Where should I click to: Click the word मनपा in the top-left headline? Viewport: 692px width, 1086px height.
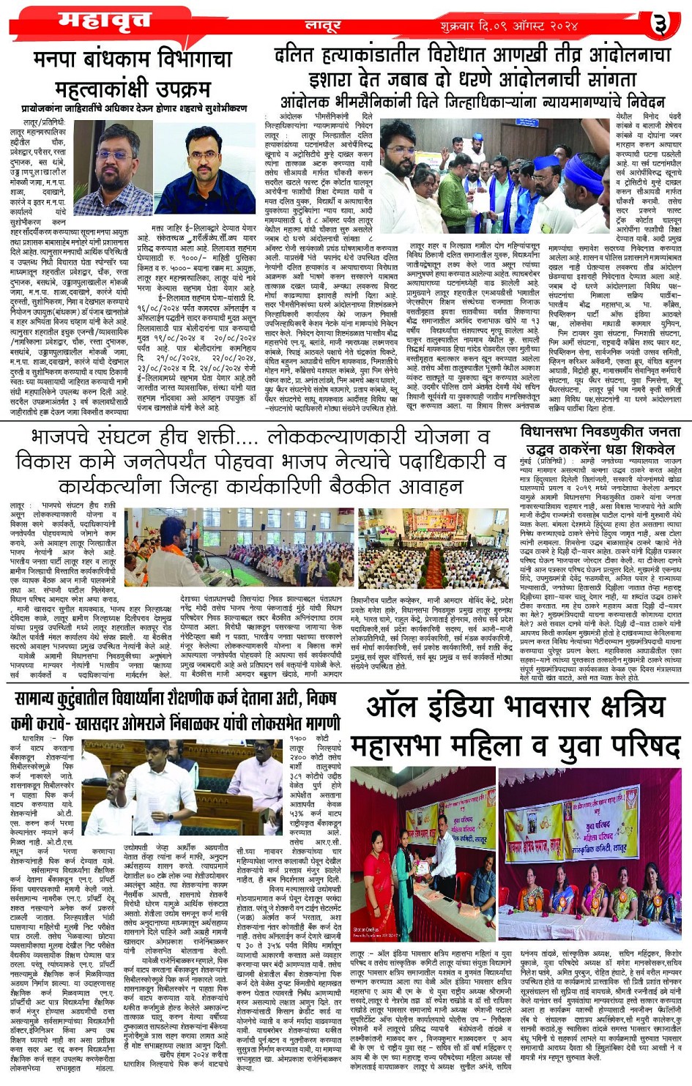[58, 58]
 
